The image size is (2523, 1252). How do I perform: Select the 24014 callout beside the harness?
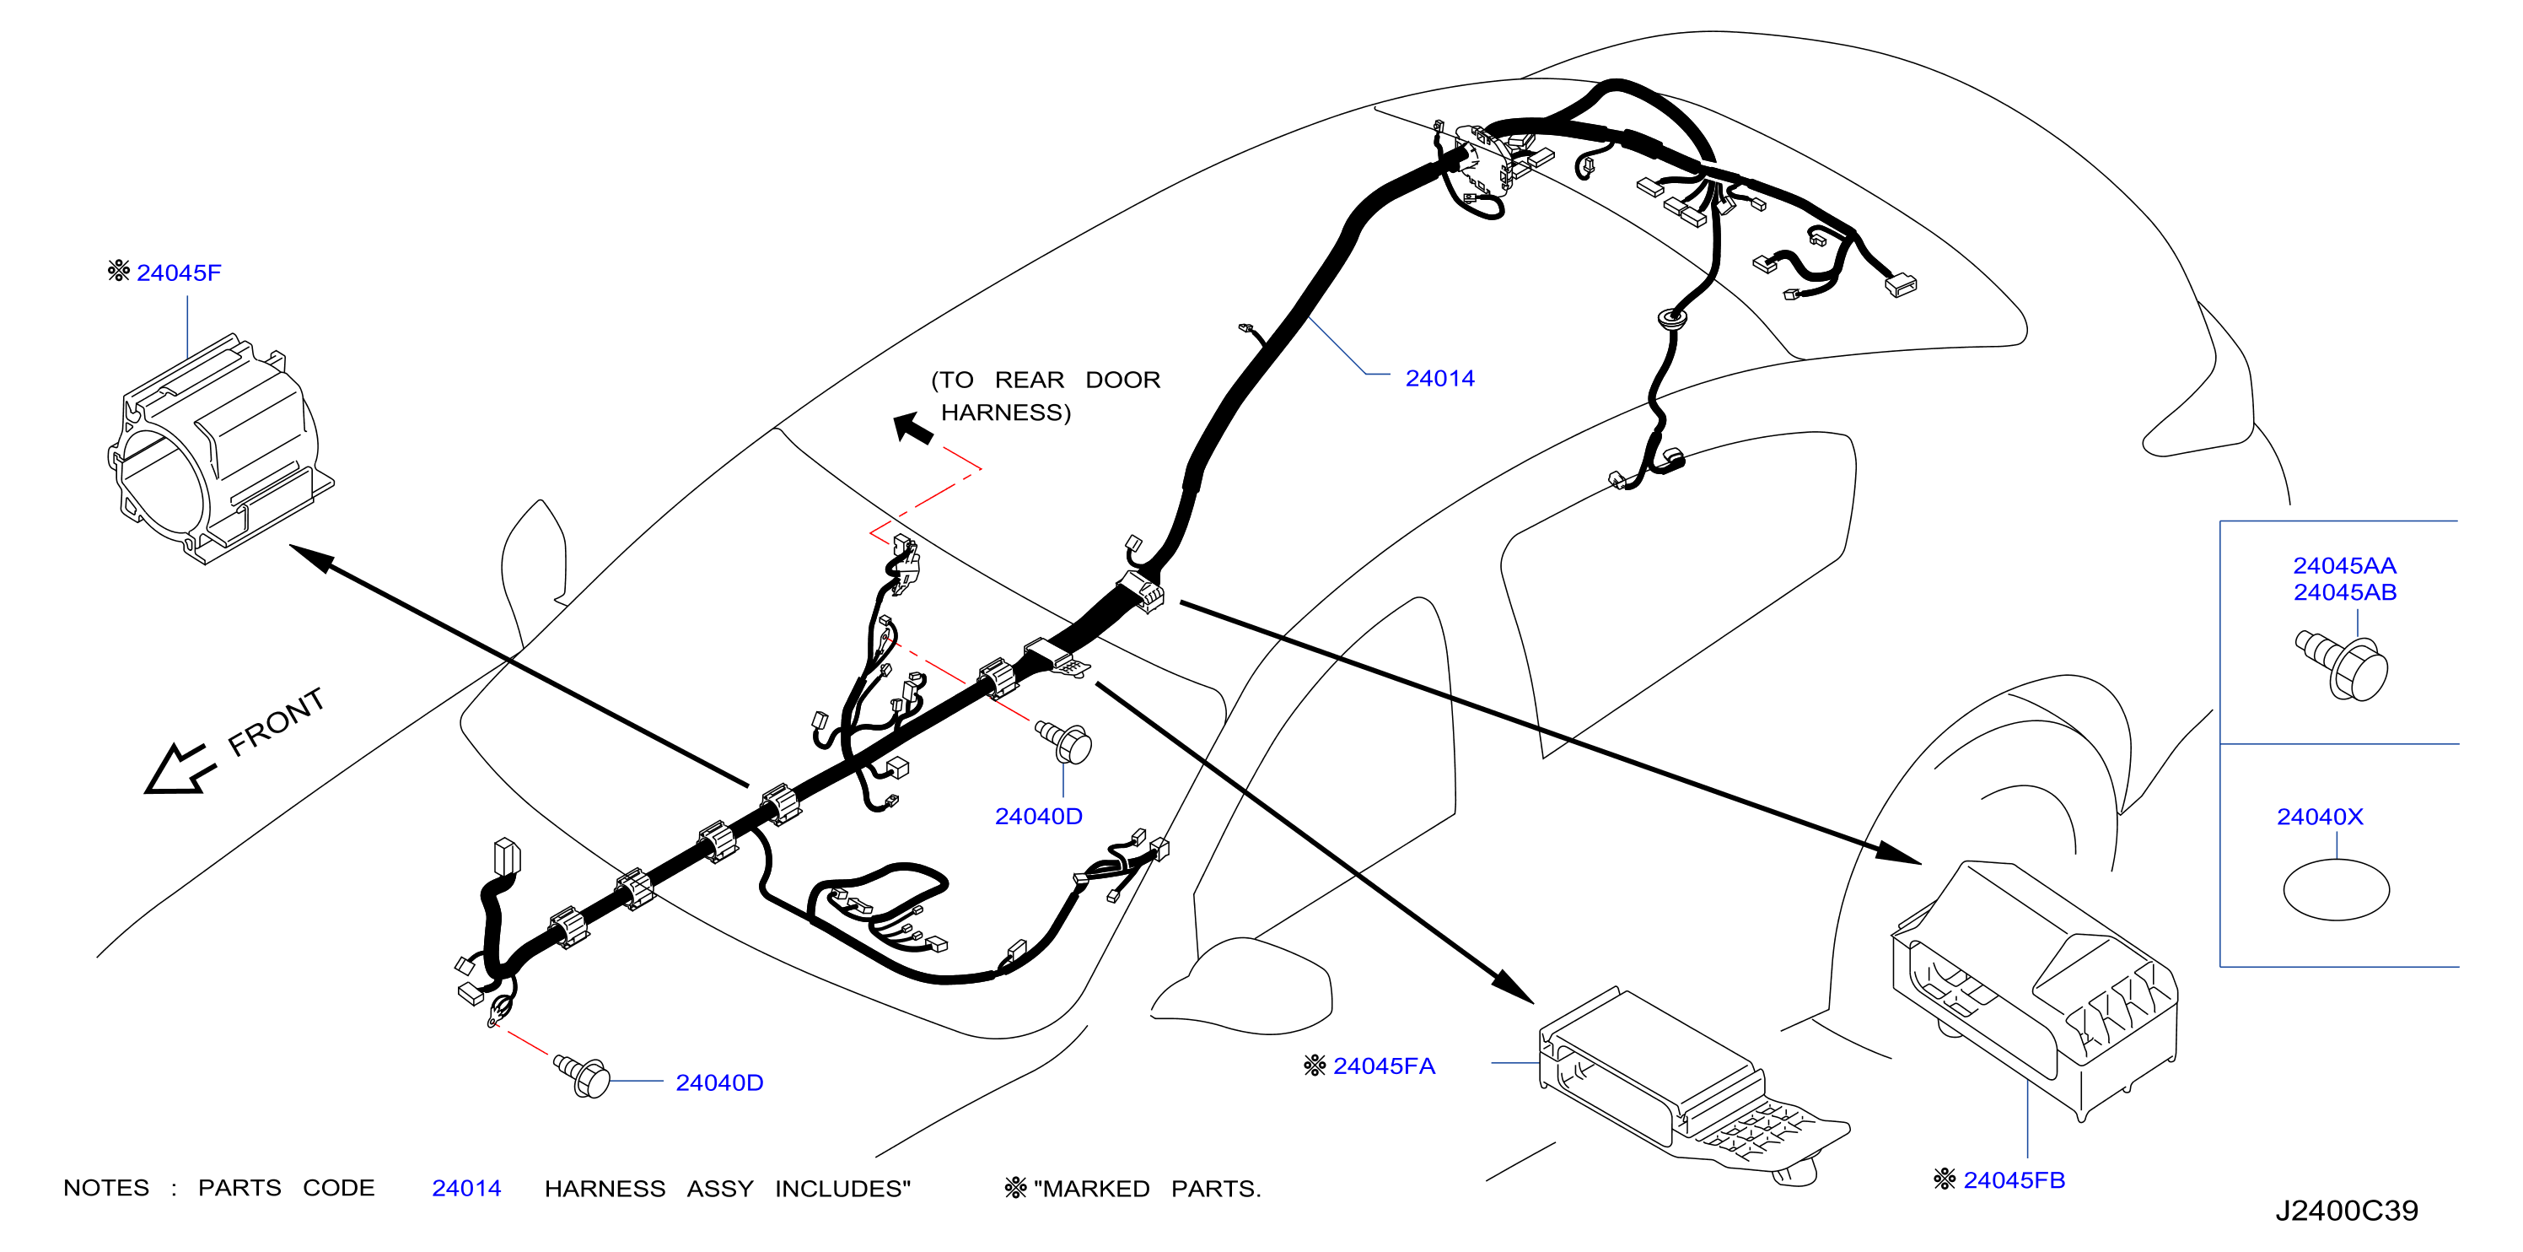[1439, 378]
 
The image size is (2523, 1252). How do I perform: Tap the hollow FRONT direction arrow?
[178, 769]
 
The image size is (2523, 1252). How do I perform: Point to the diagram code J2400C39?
[2346, 1211]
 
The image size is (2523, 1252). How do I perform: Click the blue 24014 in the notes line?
[466, 1189]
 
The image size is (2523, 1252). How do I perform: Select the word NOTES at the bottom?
[105, 1189]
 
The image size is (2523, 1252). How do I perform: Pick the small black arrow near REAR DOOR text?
[913, 428]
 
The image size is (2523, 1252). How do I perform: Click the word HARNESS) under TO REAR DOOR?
[1006, 413]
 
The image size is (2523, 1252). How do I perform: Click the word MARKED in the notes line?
[1097, 1189]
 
